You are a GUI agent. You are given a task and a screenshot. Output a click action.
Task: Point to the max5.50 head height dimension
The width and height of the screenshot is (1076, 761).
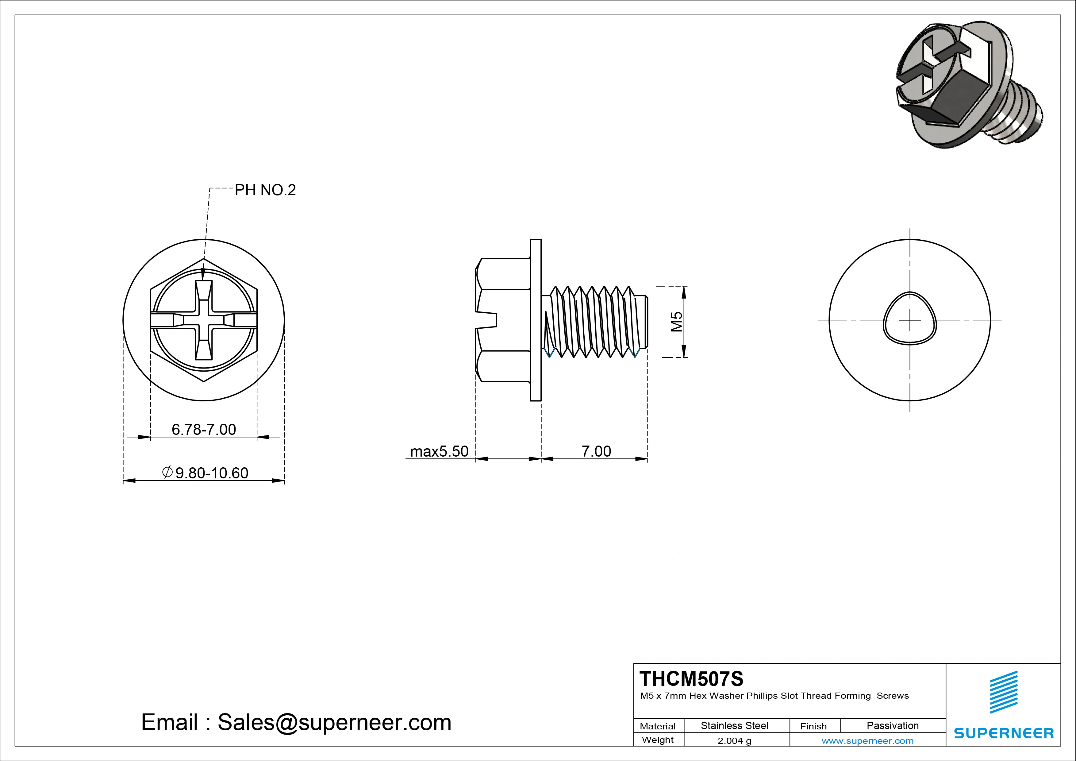pos(439,451)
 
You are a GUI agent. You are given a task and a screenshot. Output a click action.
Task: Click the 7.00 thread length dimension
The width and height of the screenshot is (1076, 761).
pos(596,451)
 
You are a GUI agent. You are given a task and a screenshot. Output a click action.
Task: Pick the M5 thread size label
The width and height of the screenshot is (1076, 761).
pos(676,322)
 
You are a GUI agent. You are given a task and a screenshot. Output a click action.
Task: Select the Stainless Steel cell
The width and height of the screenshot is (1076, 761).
pos(734,725)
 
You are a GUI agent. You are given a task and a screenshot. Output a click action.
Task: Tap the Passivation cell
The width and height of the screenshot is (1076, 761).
pos(892,725)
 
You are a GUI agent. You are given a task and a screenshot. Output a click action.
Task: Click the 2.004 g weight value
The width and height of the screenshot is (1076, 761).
pos(734,741)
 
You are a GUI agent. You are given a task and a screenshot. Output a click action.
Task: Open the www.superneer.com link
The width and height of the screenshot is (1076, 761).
pos(867,741)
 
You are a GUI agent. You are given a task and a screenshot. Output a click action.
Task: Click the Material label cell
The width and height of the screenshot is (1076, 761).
pos(658,726)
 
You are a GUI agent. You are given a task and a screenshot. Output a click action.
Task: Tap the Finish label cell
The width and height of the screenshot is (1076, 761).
pos(813,726)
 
